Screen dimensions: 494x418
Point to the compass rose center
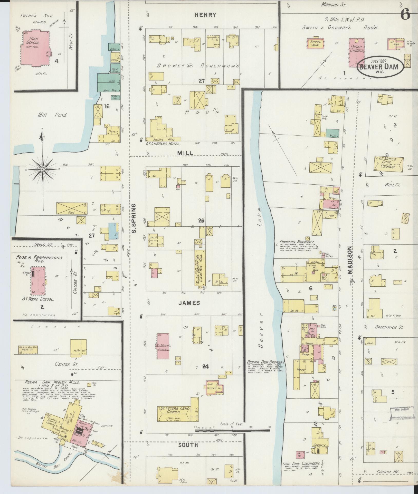[43, 169]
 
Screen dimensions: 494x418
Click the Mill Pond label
[52, 115]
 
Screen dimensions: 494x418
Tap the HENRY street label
[208, 15]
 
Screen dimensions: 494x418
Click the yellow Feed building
[71, 208]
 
